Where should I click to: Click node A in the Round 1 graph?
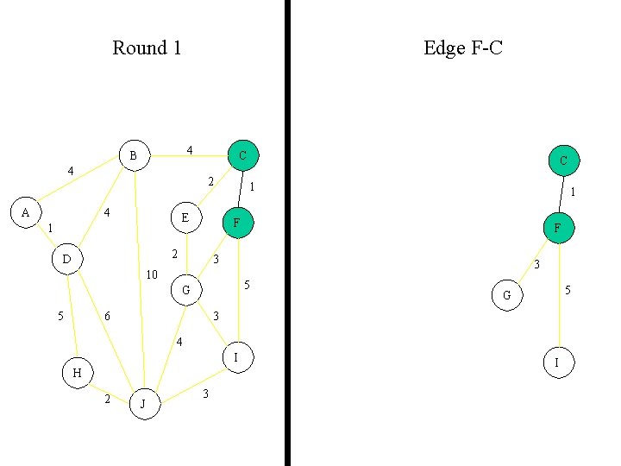(25, 211)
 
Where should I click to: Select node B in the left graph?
(133, 155)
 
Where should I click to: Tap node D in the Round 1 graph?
(66, 258)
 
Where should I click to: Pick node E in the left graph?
(185, 217)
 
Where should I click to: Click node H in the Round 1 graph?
(77, 373)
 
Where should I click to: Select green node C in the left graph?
(242, 155)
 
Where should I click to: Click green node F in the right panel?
(557, 228)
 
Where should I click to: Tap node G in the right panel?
(506, 295)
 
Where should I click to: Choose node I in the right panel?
(557, 363)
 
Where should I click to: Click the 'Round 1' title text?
(147, 47)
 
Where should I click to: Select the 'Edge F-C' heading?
(462, 47)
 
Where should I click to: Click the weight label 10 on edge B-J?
(152, 274)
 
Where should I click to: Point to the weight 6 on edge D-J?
(107, 317)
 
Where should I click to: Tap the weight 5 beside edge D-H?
(60, 316)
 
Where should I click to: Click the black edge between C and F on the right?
(561, 194)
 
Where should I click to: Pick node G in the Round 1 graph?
(185, 290)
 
